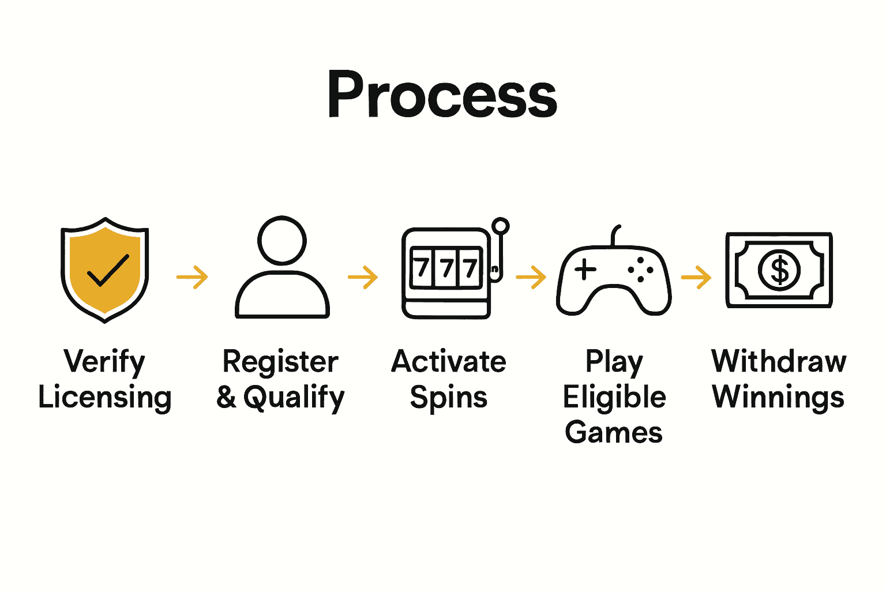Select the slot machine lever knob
[x=501, y=226]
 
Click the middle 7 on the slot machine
[x=446, y=268]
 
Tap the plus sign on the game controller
[x=585, y=270]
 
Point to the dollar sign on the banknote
[x=779, y=270]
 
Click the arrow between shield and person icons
[x=193, y=277]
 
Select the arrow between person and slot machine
[x=363, y=277]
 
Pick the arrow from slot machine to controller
[x=531, y=277]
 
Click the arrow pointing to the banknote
[x=696, y=277]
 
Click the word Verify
[x=104, y=362]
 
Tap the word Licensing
[x=105, y=398]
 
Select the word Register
[x=280, y=362]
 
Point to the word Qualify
[x=294, y=398]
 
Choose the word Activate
[x=449, y=362]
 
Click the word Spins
[x=449, y=398]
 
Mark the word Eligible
[x=614, y=398]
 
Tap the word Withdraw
[x=779, y=362]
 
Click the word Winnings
[x=779, y=398]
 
